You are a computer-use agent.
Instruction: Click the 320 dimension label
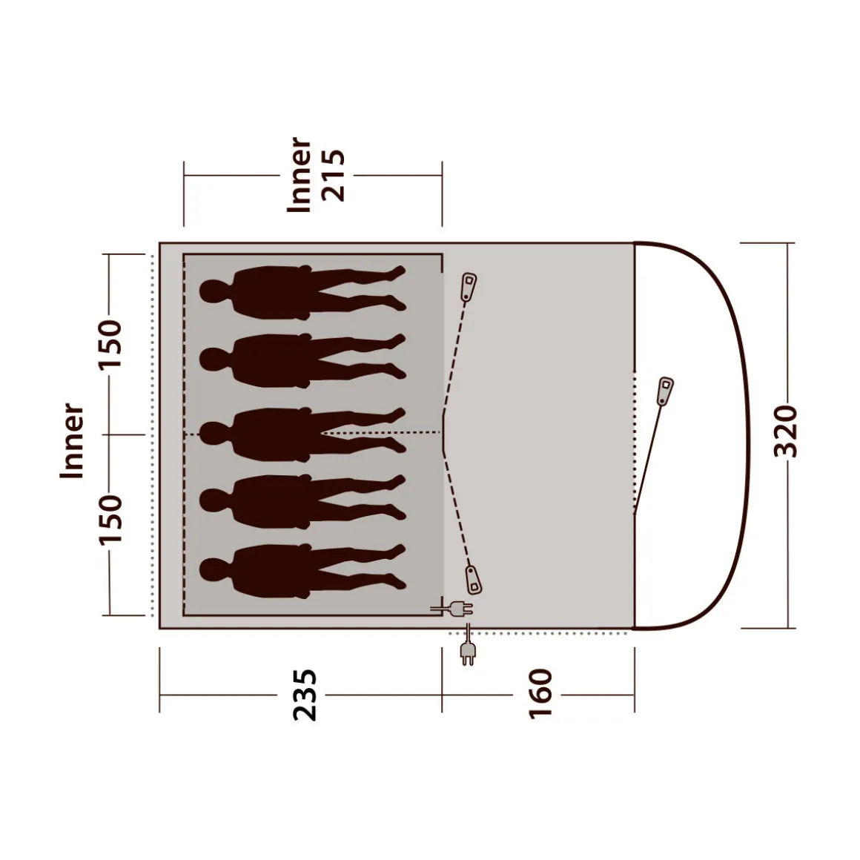[785, 431]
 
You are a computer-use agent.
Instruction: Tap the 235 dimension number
[305, 695]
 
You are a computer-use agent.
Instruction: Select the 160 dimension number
[540, 694]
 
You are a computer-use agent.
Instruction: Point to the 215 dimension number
[334, 176]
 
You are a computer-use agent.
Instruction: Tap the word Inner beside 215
[300, 174]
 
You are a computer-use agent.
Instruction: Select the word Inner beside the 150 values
[72, 441]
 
